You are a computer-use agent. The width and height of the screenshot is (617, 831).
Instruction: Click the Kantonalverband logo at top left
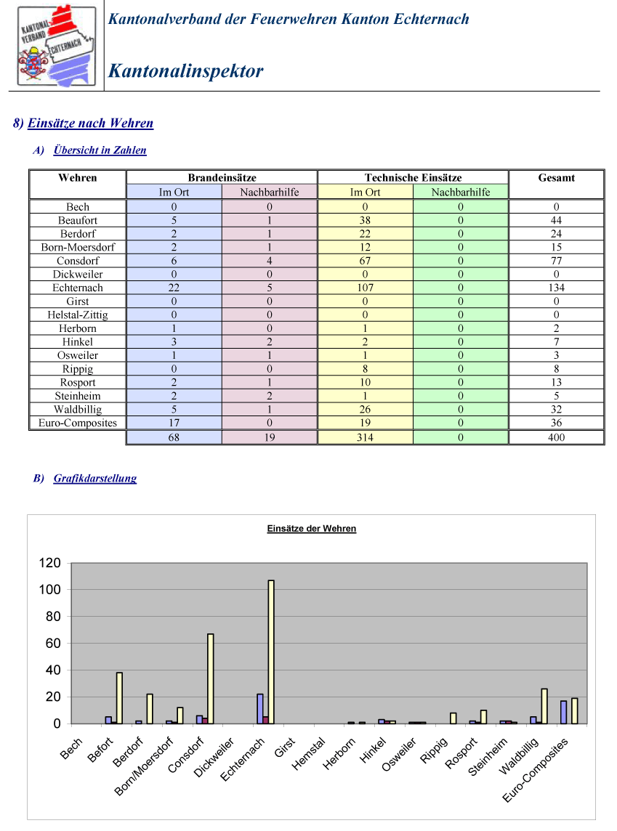click(x=56, y=46)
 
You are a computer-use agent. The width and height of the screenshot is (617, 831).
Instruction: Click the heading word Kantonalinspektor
click(x=185, y=71)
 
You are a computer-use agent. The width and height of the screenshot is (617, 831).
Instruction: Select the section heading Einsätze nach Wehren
click(x=90, y=123)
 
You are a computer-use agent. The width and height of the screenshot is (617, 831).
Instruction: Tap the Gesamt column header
click(x=556, y=177)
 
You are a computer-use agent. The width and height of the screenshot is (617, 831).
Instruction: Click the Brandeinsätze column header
click(x=222, y=177)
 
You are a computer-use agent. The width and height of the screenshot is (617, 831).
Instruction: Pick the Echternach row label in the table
click(x=77, y=288)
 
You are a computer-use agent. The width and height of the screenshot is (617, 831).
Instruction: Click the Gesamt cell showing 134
click(x=556, y=288)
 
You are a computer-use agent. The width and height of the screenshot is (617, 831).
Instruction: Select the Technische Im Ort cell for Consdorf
click(x=365, y=261)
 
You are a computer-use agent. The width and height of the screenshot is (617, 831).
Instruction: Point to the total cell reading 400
click(x=556, y=437)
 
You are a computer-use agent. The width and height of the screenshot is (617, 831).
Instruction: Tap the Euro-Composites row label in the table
click(x=77, y=423)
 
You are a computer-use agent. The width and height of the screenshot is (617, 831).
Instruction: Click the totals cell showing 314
click(x=365, y=437)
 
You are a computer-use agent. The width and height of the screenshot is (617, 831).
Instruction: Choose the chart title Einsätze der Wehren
click(x=312, y=528)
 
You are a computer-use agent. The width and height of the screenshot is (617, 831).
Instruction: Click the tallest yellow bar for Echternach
click(x=271, y=652)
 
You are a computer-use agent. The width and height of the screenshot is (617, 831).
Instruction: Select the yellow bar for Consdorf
click(x=211, y=679)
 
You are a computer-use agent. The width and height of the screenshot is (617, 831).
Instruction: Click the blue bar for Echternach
click(x=260, y=708)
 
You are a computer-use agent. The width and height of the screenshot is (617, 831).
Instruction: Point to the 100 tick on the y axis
click(x=50, y=589)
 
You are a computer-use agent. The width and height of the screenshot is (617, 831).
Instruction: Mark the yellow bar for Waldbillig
click(x=544, y=706)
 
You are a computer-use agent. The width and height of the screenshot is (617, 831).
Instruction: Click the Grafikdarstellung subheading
click(x=95, y=478)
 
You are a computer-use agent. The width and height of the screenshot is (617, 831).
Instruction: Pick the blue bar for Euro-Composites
click(x=563, y=713)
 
